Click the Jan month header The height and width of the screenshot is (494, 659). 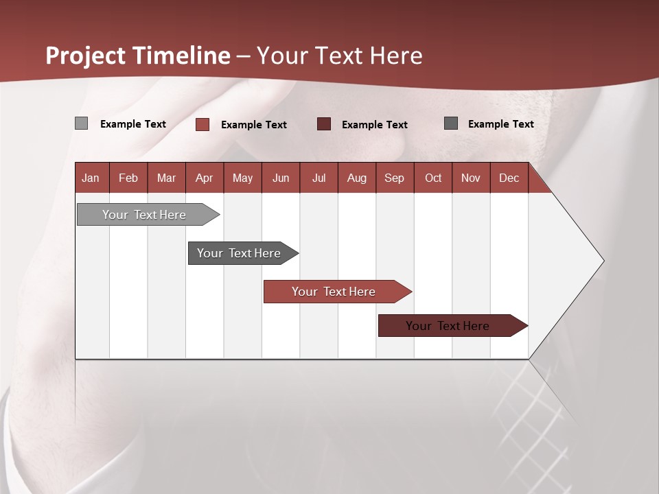coord(91,178)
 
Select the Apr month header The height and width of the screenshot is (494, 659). coord(204,178)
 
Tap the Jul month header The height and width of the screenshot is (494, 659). coord(319,178)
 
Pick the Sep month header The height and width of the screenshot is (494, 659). coord(394,178)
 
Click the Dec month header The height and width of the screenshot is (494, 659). coord(509,178)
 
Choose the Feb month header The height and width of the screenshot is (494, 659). coord(128,178)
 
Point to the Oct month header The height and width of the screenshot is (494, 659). coord(433,178)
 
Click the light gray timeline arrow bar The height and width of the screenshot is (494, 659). coord(144,215)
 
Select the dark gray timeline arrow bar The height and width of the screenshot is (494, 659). coord(239,253)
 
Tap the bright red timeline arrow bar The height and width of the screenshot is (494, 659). coord(334,292)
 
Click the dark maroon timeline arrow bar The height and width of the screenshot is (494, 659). coord(448,326)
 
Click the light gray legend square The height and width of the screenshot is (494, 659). coord(81,123)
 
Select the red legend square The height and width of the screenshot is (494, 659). coord(203,124)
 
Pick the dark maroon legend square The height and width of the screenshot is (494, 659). coord(324,123)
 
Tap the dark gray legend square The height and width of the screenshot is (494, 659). coord(451,123)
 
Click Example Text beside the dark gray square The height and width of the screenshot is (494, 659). coord(500,123)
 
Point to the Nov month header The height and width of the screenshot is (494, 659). coord(471,178)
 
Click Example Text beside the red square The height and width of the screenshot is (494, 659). coord(253,124)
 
